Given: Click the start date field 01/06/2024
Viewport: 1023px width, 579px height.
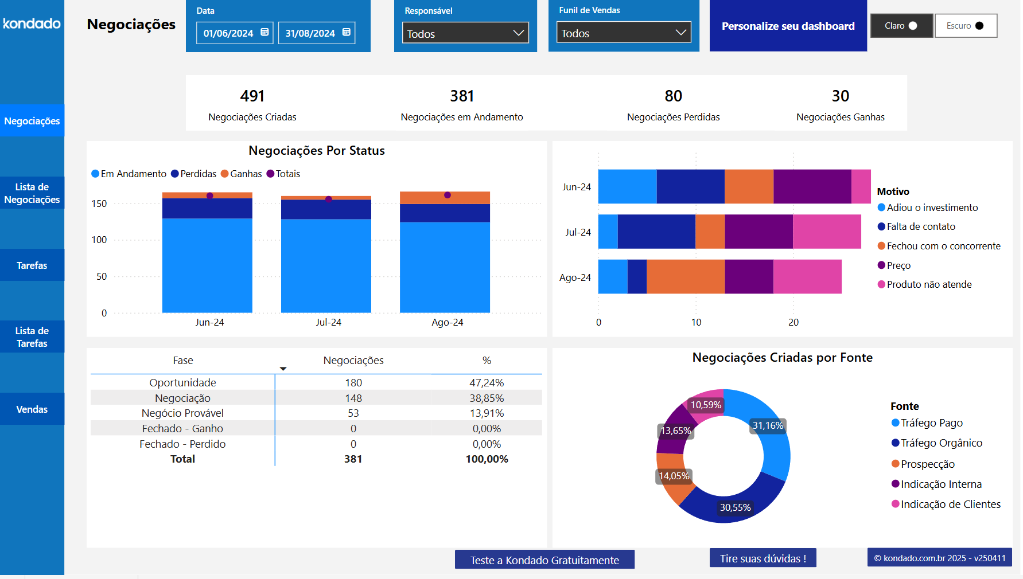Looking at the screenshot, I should pyautogui.click(x=234, y=33).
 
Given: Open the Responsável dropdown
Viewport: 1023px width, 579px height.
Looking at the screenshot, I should pyautogui.click(x=465, y=33).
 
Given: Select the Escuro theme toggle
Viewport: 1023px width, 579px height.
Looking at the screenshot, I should pyautogui.click(x=965, y=26).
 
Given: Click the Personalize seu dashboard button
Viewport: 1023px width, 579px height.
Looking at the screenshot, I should pyautogui.click(x=788, y=26).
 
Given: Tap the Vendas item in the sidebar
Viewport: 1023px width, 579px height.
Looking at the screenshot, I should pyautogui.click(x=32, y=409).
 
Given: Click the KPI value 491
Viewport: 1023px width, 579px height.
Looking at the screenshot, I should pyautogui.click(x=252, y=96).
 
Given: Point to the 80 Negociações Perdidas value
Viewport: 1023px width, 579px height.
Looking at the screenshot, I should pyautogui.click(x=673, y=96).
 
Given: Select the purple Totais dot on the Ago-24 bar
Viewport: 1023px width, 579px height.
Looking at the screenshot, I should pyautogui.click(x=448, y=195).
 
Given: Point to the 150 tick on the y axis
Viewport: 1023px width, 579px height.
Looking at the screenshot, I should pyautogui.click(x=99, y=204).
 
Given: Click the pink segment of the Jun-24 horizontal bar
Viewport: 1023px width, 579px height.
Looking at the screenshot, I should pyautogui.click(x=861, y=186).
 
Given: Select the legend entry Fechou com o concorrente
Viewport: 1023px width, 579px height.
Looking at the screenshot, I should pyautogui.click(x=943, y=246).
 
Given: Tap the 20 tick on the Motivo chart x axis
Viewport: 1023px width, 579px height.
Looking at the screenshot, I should pyautogui.click(x=793, y=322).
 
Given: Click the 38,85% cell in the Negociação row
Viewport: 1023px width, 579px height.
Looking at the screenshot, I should pyautogui.click(x=487, y=398).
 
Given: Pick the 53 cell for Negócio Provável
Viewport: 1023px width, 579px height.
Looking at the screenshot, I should pyautogui.click(x=353, y=413).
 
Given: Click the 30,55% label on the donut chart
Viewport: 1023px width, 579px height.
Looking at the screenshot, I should pyautogui.click(x=735, y=507).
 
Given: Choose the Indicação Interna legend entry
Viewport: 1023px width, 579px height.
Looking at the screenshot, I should pyautogui.click(x=940, y=484).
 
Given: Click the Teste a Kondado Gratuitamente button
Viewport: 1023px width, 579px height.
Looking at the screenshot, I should pyautogui.click(x=544, y=560).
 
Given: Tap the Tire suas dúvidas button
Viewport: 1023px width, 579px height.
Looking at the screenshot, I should pyautogui.click(x=763, y=558).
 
